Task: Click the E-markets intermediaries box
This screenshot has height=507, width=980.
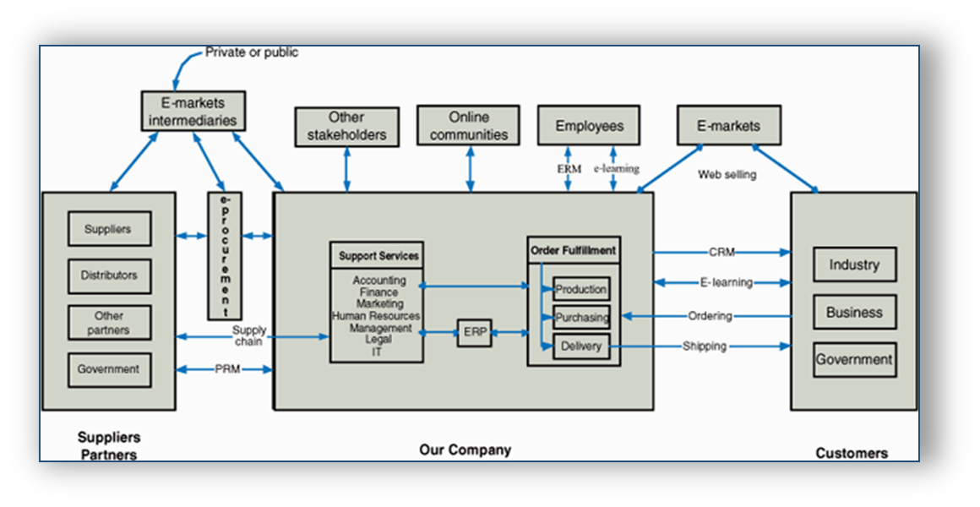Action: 193,111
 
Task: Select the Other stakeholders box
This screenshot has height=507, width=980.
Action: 346,126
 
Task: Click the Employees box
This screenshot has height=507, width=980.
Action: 589,126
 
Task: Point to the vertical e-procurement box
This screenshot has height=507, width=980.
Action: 225,255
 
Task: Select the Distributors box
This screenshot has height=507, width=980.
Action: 109,275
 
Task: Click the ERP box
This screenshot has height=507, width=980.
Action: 474,333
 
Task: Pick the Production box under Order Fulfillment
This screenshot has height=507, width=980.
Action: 580,289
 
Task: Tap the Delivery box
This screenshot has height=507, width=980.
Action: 580,346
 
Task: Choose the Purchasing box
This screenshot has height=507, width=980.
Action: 580,318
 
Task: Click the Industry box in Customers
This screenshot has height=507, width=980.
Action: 854,264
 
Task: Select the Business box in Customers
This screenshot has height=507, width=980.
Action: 854,312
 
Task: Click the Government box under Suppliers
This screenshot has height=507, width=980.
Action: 109,369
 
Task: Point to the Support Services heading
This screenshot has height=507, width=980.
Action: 378,255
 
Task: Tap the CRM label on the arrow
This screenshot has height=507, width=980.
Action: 721,252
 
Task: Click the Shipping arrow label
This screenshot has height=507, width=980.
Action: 705,346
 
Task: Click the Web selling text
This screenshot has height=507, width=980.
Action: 727,175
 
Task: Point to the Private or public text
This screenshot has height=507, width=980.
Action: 252,52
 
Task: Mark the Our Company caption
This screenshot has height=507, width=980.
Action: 465,450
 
